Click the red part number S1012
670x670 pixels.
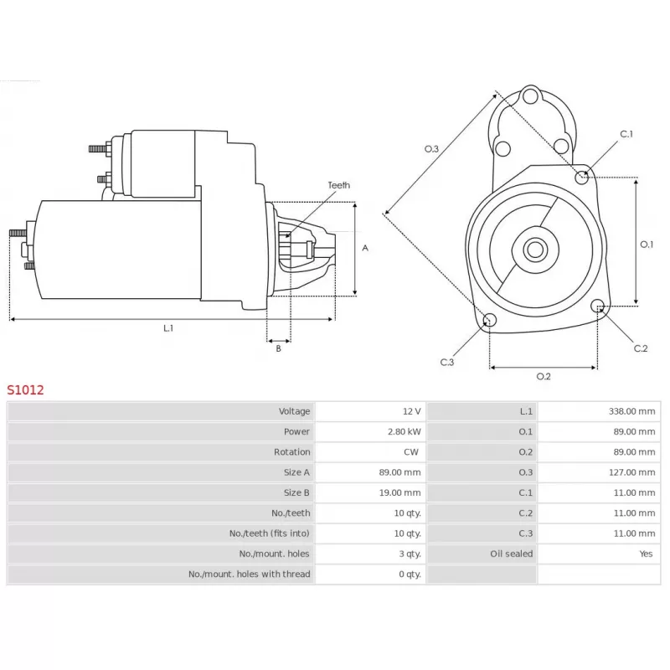click(25, 389)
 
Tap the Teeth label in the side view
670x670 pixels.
click(338, 185)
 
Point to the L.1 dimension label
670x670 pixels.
click(167, 328)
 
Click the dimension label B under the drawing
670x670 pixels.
click(278, 348)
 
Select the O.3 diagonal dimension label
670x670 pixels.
click(430, 148)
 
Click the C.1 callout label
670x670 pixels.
click(626, 134)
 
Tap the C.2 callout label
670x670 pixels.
click(641, 348)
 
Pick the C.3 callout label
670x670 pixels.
click(447, 362)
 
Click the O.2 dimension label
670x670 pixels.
click(543, 376)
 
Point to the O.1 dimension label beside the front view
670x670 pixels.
click(647, 245)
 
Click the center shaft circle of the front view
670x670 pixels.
click(535, 250)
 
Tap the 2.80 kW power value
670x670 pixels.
click(406, 431)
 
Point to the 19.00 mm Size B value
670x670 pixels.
click(400, 492)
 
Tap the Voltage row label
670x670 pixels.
click(294, 411)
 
